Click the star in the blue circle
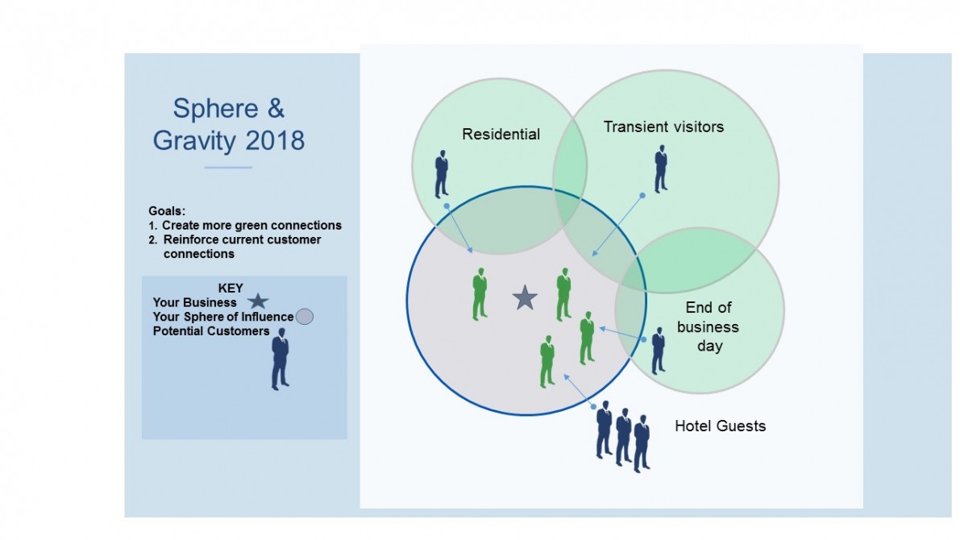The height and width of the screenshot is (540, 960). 525,297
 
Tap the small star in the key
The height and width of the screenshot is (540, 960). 259,301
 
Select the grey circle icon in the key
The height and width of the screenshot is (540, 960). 305,317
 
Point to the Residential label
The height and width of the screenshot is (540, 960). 501,134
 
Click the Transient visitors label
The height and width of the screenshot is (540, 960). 663,127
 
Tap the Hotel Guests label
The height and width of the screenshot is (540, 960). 720,426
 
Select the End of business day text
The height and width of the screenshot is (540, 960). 709,326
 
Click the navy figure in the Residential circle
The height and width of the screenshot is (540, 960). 442,174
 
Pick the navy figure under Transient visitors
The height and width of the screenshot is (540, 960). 661,169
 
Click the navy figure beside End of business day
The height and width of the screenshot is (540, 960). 659,351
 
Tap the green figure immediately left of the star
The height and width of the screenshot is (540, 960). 480,294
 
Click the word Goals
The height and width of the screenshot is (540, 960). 167,210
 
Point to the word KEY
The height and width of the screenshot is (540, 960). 231,288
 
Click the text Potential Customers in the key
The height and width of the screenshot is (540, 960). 211,331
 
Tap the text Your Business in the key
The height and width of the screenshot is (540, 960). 195,302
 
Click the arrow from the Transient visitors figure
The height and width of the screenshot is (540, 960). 617,226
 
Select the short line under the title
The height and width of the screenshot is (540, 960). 228,167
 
